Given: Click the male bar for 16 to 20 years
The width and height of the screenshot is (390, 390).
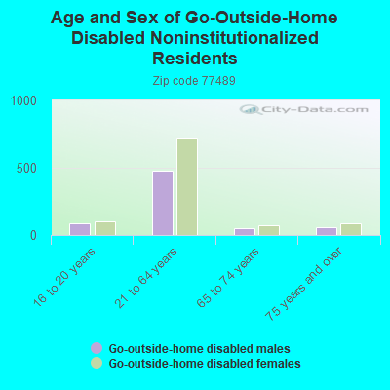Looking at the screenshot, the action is (80, 229).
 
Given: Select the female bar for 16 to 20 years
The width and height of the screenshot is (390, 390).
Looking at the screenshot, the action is (105, 228).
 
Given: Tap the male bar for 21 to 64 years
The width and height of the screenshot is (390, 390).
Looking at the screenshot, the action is (163, 203).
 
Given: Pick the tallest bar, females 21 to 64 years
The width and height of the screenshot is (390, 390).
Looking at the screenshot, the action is (187, 187).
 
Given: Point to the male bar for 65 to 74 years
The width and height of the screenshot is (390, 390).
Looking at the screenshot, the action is (245, 232).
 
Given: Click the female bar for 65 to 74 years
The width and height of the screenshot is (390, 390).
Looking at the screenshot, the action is (269, 230).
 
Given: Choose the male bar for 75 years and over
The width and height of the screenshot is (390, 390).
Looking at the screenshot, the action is (327, 231).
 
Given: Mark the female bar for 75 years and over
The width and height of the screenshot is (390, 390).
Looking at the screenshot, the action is (351, 229).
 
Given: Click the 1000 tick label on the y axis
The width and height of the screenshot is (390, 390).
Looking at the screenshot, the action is (23, 100).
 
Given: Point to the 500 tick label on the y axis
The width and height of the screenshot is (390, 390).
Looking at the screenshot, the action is (27, 169).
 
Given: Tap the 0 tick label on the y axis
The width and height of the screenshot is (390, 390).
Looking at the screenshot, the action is (33, 236).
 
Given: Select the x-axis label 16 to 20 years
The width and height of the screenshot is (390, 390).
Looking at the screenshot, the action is (64, 277).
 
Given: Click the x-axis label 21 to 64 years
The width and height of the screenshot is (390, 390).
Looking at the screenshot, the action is (146, 277).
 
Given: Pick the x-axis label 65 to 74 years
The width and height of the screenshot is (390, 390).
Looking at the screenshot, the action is (228, 277).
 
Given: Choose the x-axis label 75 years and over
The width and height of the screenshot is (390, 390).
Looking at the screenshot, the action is (303, 284).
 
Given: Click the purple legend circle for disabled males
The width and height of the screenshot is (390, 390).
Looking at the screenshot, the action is (97, 348).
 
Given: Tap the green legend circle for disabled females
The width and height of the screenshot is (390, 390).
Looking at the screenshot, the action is (97, 363).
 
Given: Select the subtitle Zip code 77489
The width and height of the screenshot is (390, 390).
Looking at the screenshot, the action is (194, 81).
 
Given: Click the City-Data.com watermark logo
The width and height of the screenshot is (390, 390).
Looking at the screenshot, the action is (304, 109).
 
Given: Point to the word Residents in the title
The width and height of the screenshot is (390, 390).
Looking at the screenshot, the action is (195, 58).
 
